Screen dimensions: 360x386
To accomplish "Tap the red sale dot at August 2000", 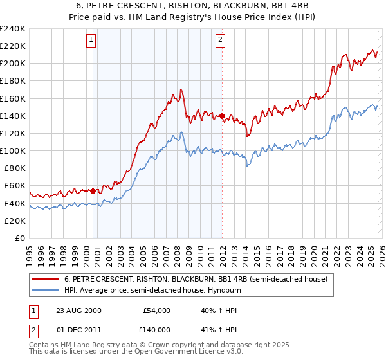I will click(x=93, y=191).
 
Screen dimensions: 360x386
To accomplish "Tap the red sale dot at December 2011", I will click(x=222, y=116).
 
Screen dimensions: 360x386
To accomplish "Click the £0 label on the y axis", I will click(x=20, y=238).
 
